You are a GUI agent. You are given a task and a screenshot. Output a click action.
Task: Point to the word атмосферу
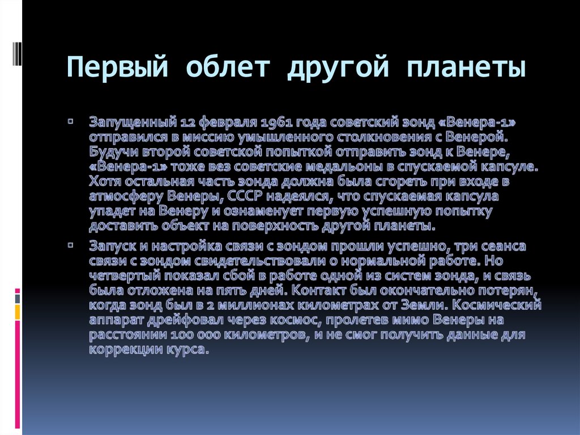[x=120, y=197]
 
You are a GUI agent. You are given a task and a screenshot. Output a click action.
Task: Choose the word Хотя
[x=104, y=182]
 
